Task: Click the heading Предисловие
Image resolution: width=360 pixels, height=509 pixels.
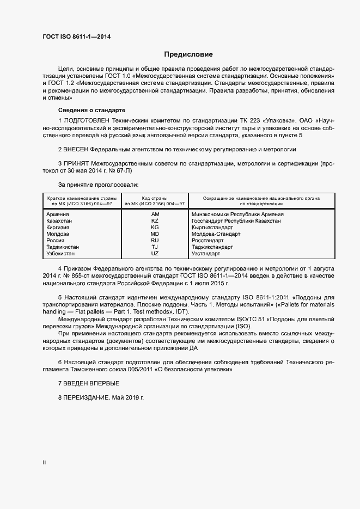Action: (x=188, y=54)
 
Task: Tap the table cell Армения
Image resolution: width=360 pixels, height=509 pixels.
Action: (x=58, y=214)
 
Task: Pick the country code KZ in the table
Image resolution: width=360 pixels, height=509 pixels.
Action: (x=155, y=221)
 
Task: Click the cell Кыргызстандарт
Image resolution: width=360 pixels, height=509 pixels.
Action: (x=212, y=228)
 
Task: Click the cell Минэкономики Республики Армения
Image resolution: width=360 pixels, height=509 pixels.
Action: (x=237, y=214)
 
